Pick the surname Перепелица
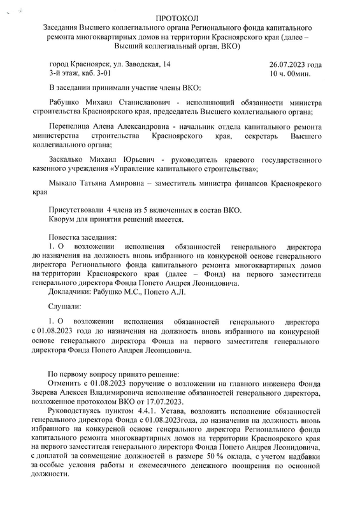(70, 127)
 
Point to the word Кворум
(64, 221)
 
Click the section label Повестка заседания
(83, 237)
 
